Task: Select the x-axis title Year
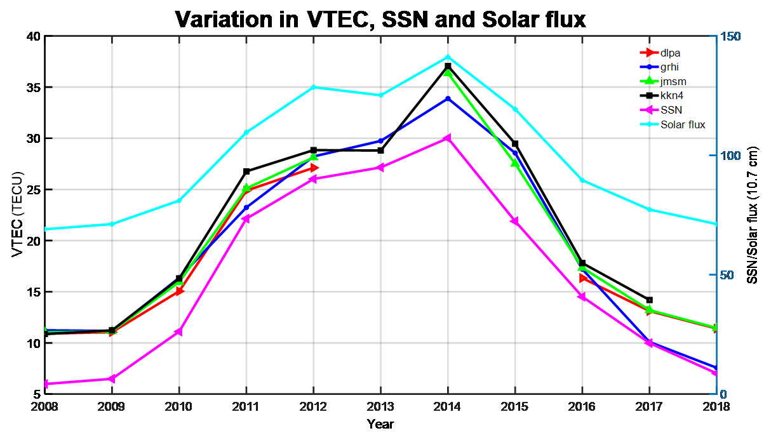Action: click(x=380, y=423)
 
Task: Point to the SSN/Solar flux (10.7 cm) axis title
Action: click(x=752, y=215)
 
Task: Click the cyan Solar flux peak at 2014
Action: click(x=448, y=57)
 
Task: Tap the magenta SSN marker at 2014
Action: click(x=448, y=138)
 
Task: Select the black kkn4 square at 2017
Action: click(x=649, y=300)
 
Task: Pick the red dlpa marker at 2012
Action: click(x=313, y=168)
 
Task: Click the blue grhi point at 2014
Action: click(x=448, y=98)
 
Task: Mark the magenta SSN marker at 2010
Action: click(x=178, y=332)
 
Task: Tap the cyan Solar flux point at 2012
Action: click(x=313, y=87)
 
